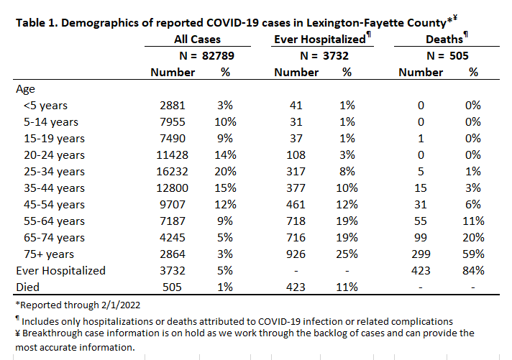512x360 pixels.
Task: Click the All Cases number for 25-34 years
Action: tap(172, 172)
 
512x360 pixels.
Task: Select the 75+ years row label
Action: tap(49, 254)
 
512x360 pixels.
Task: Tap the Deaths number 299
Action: tap(421, 254)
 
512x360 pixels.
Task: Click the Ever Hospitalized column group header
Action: tap(320, 40)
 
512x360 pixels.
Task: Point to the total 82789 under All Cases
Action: tap(218, 56)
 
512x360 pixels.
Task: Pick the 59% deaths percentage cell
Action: tap(473, 254)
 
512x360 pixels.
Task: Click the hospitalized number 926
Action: tap(296, 254)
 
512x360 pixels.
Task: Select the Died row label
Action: tap(28, 287)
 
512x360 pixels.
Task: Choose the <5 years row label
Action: tap(45, 106)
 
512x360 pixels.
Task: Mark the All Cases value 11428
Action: tap(172, 155)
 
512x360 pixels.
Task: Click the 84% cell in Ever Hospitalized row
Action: tap(473, 271)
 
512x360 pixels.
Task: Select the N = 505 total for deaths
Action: tap(447, 56)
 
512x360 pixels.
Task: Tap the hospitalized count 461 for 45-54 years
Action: tap(296, 205)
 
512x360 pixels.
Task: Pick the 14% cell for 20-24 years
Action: tap(225, 155)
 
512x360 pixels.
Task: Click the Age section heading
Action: tap(25, 89)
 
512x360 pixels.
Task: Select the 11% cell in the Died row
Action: tap(347, 287)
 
